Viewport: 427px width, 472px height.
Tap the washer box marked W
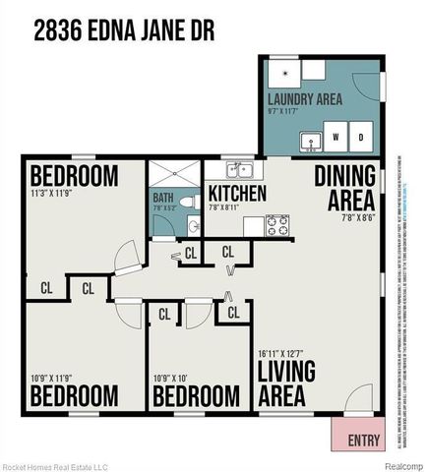(x=336, y=135)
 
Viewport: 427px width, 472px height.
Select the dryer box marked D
(x=360, y=135)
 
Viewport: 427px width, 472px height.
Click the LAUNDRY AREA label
(x=305, y=99)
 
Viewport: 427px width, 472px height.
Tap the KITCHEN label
(x=237, y=194)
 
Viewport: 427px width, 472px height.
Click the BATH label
(x=162, y=198)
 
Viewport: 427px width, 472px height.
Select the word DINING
(x=345, y=178)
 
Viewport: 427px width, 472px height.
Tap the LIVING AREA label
(x=286, y=384)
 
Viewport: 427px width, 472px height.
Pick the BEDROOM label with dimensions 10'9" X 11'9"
(x=74, y=395)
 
